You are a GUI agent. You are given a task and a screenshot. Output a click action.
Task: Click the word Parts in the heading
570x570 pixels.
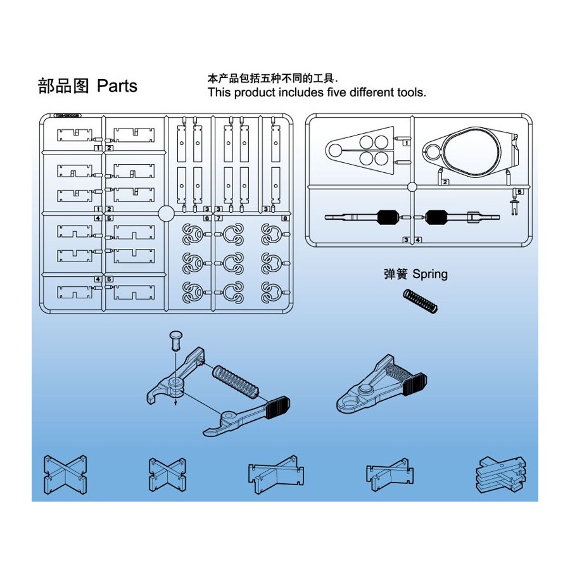(117, 85)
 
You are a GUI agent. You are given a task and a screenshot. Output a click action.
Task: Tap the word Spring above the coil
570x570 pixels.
(430, 274)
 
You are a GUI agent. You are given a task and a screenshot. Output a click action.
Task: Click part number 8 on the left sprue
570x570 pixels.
(285, 218)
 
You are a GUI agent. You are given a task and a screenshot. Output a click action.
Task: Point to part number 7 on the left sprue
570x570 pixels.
(219, 218)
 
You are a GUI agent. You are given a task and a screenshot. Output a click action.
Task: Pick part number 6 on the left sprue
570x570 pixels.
(207, 218)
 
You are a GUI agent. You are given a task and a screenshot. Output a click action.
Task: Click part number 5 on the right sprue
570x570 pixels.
(519, 191)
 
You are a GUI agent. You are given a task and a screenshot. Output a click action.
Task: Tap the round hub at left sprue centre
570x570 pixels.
(166, 213)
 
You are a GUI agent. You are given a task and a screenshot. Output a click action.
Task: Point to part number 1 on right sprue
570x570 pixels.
(406, 143)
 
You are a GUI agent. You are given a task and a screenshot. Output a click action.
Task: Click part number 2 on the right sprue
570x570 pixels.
(445, 182)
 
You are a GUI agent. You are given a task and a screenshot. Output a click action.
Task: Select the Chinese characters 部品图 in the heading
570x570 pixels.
(64, 86)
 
